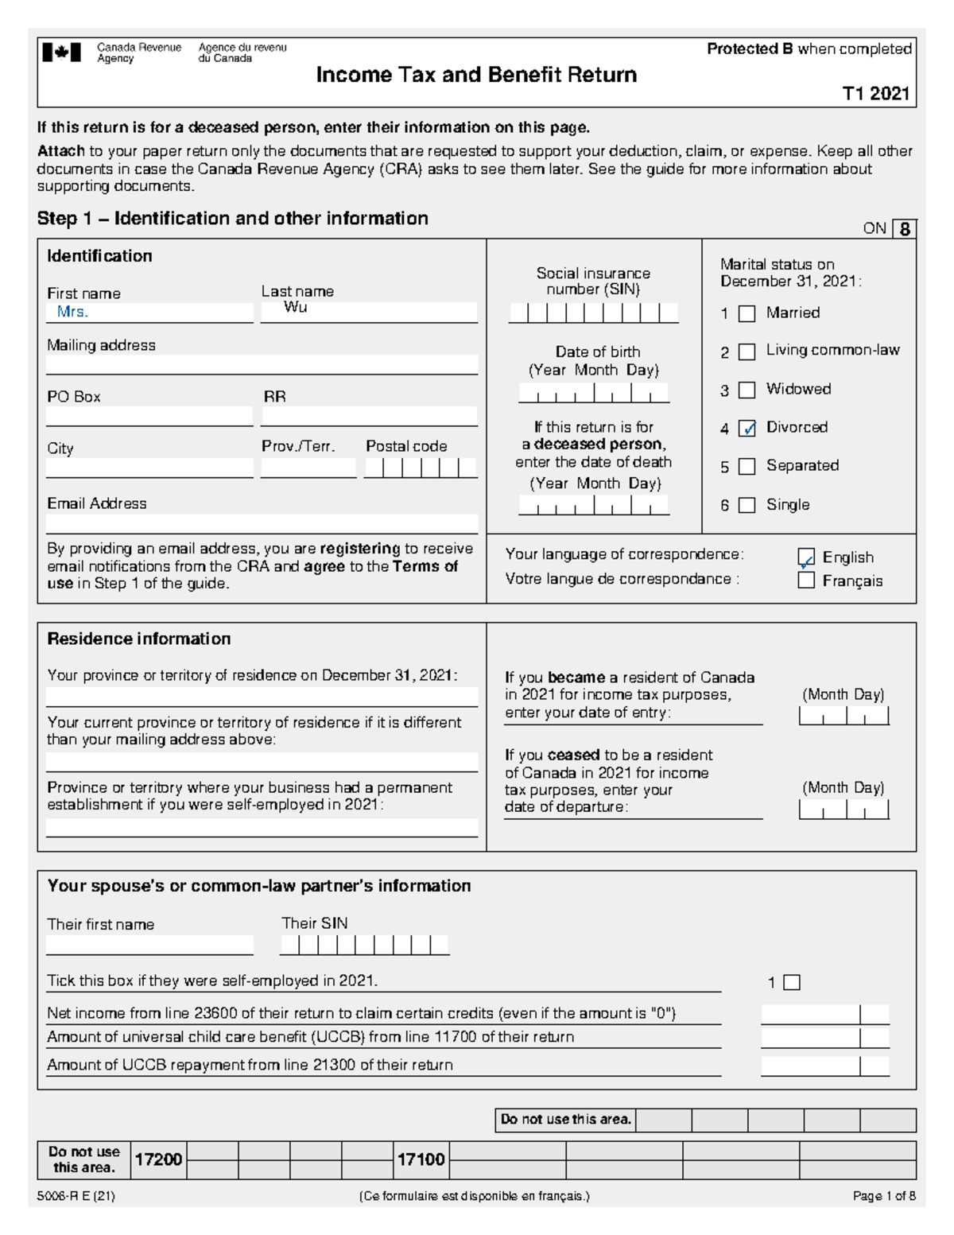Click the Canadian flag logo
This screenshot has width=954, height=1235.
(x=62, y=53)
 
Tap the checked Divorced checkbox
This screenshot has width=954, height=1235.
(x=747, y=429)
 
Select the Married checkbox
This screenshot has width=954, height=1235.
(x=747, y=314)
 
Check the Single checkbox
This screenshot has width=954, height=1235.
(x=747, y=505)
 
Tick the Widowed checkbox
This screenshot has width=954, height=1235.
(x=747, y=390)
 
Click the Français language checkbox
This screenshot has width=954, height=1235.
(x=806, y=581)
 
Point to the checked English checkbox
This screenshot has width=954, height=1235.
(x=806, y=557)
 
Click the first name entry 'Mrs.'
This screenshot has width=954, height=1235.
(x=72, y=313)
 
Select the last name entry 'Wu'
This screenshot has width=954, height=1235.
(x=295, y=308)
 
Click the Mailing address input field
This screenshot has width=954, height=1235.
(x=262, y=364)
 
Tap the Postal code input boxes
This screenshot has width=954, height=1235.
(x=421, y=468)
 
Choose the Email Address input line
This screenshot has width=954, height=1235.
(x=262, y=523)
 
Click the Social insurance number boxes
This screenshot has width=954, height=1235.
(x=593, y=313)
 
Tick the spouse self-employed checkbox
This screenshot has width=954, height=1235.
(x=792, y=983)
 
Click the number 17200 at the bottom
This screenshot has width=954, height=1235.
(x=158, y=1160)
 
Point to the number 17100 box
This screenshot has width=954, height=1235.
(x=421, y=1160)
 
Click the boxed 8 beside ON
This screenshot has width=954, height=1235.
(x=905, y=230)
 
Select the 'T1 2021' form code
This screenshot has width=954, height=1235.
(x=876, y=94)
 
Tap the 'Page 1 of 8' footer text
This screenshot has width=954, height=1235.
(x=884, y=1196)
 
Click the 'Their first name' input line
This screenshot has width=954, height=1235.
(x=149, y=945)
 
